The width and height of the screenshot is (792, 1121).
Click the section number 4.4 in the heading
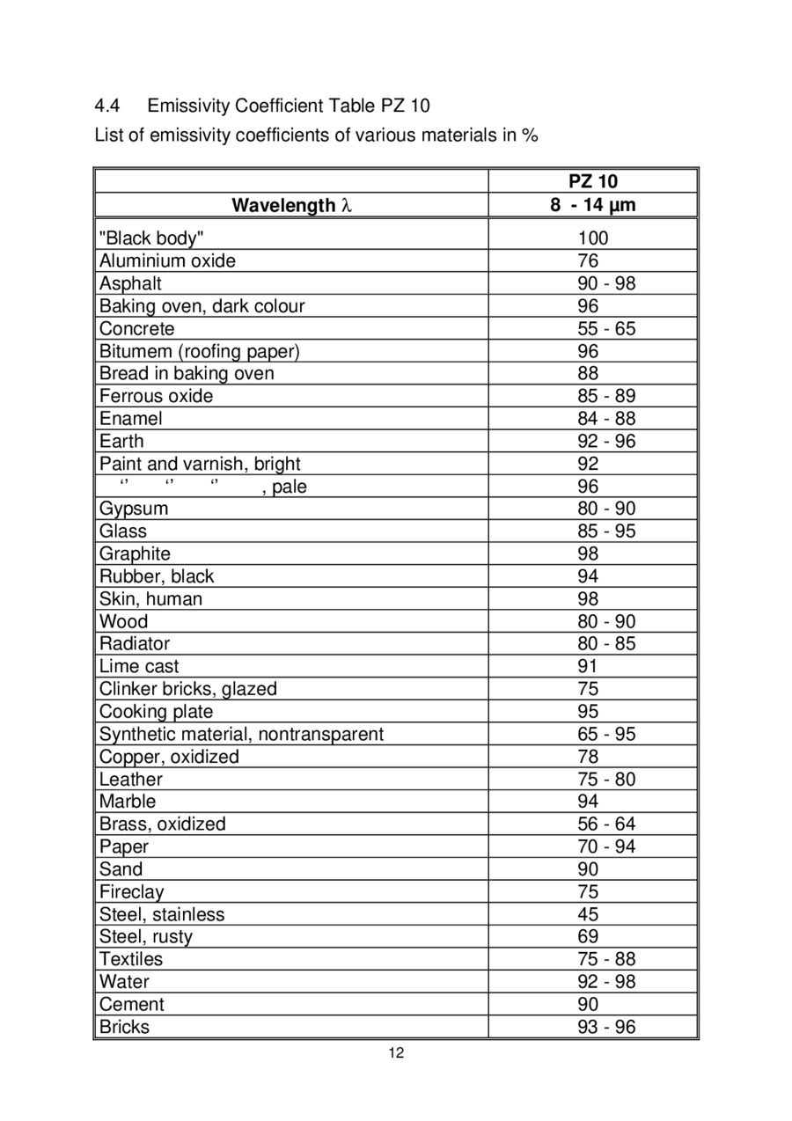[x=106, y=106]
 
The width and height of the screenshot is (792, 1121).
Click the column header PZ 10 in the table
[x=593, y=182]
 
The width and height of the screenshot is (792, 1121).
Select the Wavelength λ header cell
[x=291, y=206]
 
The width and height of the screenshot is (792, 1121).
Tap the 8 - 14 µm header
[x=593, y=206]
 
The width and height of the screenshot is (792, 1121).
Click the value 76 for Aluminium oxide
[x=588, y=261]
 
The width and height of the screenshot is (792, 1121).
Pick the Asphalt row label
[x=130, y=283]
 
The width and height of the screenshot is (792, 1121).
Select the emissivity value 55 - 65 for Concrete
[x=606, y=329]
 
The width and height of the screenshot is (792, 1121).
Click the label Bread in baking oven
[x=187, y=373]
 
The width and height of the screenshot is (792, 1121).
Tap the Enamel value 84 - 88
[x=606, y=419]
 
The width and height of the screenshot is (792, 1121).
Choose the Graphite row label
[x=135, y=553]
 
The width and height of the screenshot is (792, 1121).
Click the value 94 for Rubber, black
[x=588, y=576]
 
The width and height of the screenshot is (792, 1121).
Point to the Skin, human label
[x=150, y=599]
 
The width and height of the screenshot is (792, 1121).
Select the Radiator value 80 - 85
[x=606, y=644]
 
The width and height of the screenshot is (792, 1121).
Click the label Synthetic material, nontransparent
[x=241, y=734]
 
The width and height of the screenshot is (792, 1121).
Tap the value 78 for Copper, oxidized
[x=588, y=757]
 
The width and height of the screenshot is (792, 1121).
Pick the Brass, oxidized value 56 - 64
[x=606, y=824]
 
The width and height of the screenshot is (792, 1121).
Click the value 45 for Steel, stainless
[x=588, y=914]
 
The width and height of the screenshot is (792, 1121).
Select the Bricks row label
[x=124, y=1027]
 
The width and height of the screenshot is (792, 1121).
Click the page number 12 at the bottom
[x=396, y=1053]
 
